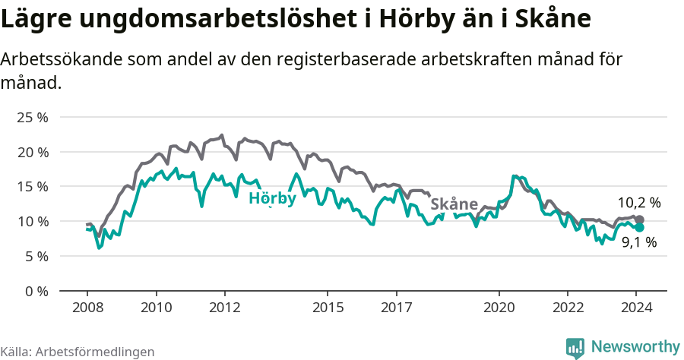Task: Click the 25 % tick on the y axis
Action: click(33, 118)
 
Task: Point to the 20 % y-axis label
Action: click(33, 152)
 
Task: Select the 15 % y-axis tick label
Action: click(33, 187)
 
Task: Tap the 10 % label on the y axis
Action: click(33, 221)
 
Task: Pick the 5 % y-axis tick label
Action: click(36, 256)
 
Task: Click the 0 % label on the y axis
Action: click(36, 291)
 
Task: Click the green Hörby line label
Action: click(272, 199)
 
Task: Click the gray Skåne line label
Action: click(454, 204)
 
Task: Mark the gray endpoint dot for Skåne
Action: click(639, 219)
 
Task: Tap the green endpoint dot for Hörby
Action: click(639, 227)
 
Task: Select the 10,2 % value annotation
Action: click(638, 203)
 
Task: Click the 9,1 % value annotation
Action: click(638, 243)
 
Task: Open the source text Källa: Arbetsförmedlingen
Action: click(78, 352)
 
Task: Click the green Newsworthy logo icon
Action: click(575, 347)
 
